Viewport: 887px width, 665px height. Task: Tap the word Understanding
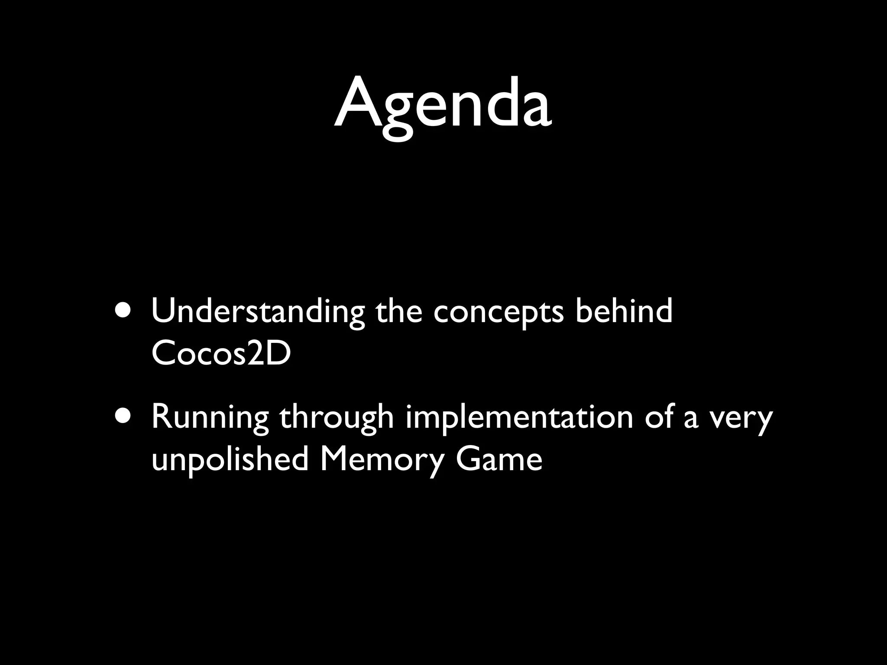click(x=258, y=312)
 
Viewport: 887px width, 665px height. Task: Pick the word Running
click(x=210, y=418)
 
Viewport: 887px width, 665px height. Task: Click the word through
click(x=337, y=418)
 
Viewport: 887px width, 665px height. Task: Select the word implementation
click(x=519, y=417)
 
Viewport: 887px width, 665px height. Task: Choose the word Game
click(x=499, y=459)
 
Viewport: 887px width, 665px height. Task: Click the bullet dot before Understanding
click(x=125, y=311)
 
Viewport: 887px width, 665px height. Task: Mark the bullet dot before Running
click(x=125, y=417)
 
